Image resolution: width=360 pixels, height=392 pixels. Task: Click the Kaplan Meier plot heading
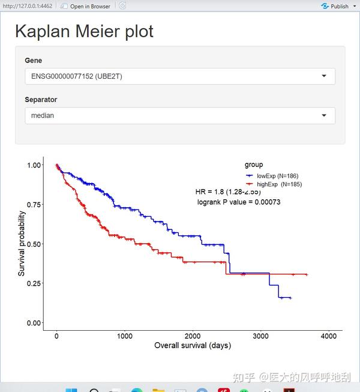84,31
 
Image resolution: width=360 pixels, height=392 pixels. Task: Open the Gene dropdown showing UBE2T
179,76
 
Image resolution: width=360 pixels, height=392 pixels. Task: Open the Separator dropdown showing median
179,115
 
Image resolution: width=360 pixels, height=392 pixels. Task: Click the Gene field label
33,61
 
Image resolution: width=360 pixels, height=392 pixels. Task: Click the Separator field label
41,100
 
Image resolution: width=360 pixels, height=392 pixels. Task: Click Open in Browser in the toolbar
89,6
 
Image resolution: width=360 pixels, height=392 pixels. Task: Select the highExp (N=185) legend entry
279,184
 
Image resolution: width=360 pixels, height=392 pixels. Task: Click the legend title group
253,164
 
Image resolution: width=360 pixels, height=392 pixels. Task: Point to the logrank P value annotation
238,202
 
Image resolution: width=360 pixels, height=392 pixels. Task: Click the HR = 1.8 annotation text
227,192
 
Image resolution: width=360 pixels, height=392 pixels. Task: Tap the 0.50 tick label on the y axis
34,244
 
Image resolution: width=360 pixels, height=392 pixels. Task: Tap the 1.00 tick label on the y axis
34,165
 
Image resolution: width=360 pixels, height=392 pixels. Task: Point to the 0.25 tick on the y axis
34,283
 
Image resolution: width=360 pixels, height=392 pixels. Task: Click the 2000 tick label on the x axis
193,337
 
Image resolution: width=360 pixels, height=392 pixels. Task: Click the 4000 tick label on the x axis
328,337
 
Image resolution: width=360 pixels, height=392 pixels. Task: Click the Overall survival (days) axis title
193,346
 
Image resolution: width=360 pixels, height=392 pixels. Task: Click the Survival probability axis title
22,243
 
